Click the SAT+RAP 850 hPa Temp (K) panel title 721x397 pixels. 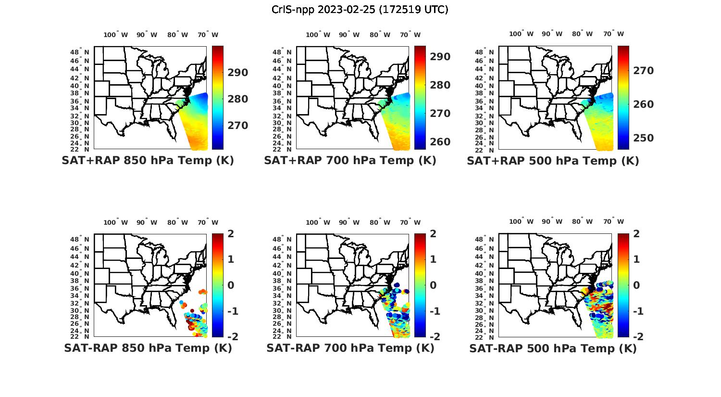pyautogui.click(x=148, y=160)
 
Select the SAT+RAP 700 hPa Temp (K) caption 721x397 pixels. pyautogui.click(x=350, y=160)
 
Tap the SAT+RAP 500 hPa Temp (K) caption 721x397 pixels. pyautogui.click(x=553, y=161)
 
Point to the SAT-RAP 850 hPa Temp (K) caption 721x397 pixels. pyautogui.click(x=148, y=348)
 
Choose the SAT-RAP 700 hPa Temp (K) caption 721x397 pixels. pyautogui.click(x=350, y=348)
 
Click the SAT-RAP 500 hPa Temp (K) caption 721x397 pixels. pyautogui.click(x=553, y=348)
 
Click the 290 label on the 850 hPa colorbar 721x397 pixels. pyautogui.click(x=238, y=73)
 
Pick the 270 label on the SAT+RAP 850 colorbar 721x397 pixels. pyautogui.click(x=238, y=126)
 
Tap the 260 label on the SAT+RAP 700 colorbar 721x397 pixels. pyautogui.click(x=440, y=142)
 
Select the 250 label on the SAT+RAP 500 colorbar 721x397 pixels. pyautogui.click(x=643, y=138)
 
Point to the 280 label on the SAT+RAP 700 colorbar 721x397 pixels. pyautogui.click(x=440, y=85)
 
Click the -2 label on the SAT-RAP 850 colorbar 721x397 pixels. pyautogui.click(x=232, y=337)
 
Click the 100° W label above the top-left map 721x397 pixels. pyautogui.click(x=115, y=35)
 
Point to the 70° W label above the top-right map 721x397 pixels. pyautogui.click(x=614, y=34)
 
